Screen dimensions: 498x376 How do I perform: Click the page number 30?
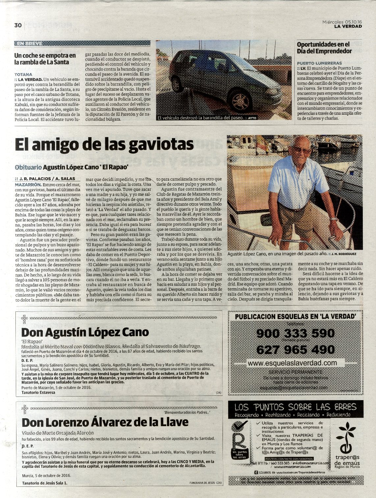tap(18, 25)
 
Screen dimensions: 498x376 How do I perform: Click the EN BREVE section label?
tap(30, 43)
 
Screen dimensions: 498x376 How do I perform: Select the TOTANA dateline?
tap(23, 74)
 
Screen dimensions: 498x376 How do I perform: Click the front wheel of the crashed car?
tap(241, 101)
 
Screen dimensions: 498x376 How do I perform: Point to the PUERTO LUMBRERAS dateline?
tap(319, 63)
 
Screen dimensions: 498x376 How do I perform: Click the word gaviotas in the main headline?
tap(161, 144)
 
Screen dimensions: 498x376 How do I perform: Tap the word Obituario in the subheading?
tap(28, 167)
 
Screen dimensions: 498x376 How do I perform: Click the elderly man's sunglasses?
tap(302, 150)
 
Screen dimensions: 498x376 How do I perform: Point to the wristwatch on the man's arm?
tap(334, 219)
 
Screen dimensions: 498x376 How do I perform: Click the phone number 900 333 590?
tap(295, 333)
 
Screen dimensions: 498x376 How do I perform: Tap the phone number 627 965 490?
tap(295, 349)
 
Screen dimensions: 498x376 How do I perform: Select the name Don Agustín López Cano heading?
tap(85, 332)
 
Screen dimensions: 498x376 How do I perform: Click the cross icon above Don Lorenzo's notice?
tap(24, 409)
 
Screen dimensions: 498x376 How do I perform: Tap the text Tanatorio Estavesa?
tap(38, 393)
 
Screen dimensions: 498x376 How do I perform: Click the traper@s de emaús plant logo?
tap(346, 438)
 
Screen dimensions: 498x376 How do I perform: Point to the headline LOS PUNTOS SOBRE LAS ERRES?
tap(295, 407)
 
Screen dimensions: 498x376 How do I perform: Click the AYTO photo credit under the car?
tap(252, 118)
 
